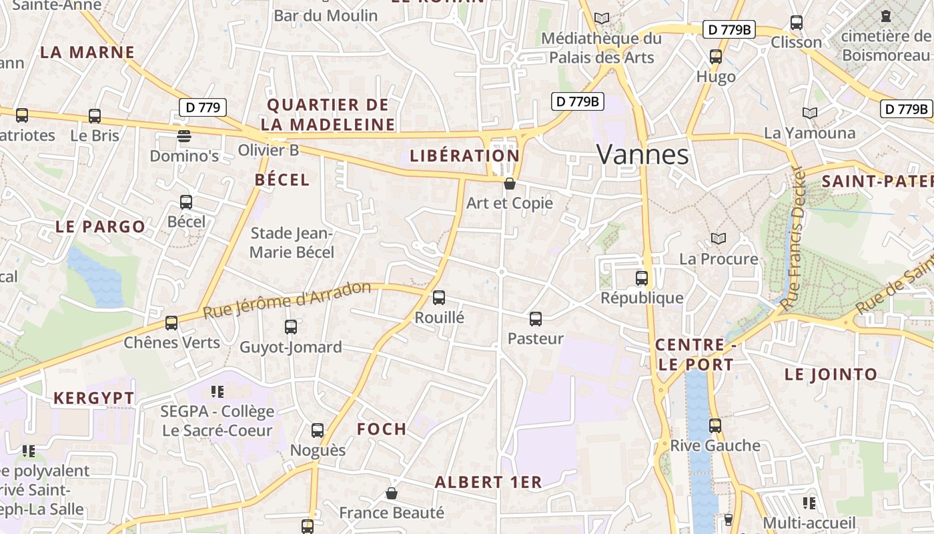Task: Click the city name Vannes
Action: pos(642,154)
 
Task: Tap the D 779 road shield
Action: pos(203,107)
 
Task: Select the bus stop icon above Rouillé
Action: pos(439,298)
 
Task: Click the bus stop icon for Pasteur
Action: pos(536,319)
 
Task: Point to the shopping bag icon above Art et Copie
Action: pos(510,184)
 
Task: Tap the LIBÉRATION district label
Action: pos(464,156)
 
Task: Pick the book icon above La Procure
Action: pos(719,238)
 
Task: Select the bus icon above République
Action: pos(642,278)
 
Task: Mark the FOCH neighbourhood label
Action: pos(382,429)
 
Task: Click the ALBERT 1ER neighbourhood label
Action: pos(488,482)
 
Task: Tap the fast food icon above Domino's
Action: pos(184,136)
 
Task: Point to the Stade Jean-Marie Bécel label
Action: pos(292,243)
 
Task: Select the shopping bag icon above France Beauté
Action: pos(392,493)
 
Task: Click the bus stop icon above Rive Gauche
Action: pos(715,425)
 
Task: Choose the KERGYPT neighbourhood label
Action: pos(94,398)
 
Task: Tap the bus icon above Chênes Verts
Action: pos(171,323)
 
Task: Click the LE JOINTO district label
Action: pos(831,374)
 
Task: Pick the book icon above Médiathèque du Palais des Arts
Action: pos(602,19)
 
